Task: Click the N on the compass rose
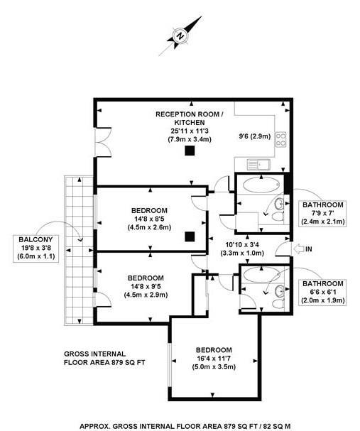point(180,36)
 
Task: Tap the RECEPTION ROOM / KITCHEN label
point(190,118)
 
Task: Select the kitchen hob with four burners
point(280,140)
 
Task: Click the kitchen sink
point(258,164)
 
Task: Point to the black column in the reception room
point(190,151)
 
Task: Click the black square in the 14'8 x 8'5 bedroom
point(190,236)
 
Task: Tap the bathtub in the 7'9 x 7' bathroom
point(261,185)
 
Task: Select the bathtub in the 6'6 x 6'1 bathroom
point(261,274)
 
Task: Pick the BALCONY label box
point(36,249)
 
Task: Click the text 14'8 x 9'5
point(146,286)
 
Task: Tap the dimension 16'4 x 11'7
point(214,359)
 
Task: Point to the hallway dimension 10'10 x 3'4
point(242,245)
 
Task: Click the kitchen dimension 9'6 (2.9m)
point(254,136)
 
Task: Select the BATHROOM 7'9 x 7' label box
point(322,213)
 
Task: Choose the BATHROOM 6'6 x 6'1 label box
point(322,292)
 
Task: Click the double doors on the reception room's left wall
point(102,142)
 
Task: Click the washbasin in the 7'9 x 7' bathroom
point(280,204)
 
